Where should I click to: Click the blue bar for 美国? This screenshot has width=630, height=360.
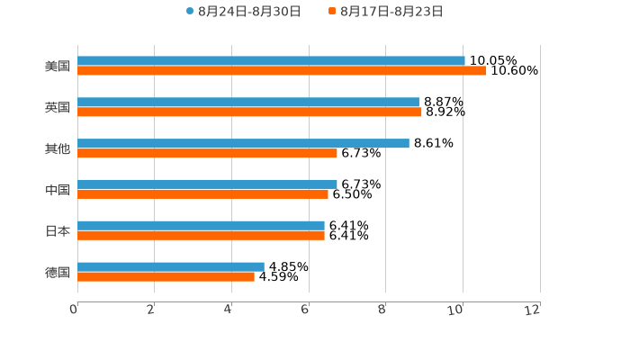tap(271, 61)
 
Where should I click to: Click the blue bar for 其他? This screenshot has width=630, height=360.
tap(243, 143)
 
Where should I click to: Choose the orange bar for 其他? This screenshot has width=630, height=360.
tap(207, 153)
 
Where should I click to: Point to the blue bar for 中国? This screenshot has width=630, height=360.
tap(207, 184)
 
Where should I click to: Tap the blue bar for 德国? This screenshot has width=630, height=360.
tap(171, 266)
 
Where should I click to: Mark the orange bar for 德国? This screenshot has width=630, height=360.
tap(166, 276)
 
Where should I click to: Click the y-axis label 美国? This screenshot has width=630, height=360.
tap(58, 67)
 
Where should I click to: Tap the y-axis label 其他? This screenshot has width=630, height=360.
tap(58, 148)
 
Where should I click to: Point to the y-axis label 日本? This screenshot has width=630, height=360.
tap(58, 231)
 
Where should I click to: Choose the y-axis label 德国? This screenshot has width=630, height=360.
tap(58, 272)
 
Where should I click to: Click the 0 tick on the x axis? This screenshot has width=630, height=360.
tap(75, 310)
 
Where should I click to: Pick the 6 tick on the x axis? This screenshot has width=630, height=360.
tap(306, 310)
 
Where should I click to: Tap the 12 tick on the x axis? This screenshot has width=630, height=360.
tap(535, 310)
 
